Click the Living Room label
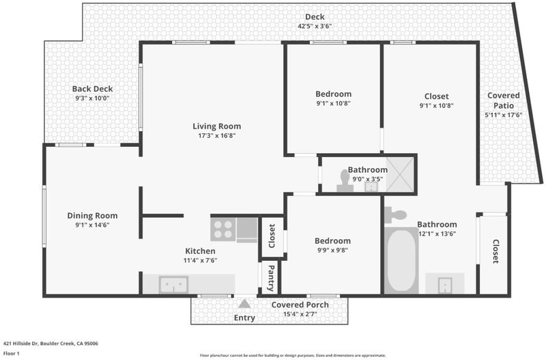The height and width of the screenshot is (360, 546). pos(216,126)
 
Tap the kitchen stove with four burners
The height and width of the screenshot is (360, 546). pos(223,230)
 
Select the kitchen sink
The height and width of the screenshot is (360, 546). pos(173,285)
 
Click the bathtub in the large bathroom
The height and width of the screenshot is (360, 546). pos(401,261)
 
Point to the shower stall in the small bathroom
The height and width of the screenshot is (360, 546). pos(400,174)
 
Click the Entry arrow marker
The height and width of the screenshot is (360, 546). pos(244,304)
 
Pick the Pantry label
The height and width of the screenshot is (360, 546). pos(271,278)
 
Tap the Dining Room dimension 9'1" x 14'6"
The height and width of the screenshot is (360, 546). pos(92,225)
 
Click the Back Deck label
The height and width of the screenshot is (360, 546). pos(92,89)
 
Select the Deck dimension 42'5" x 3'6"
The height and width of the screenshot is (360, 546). pos(315,26)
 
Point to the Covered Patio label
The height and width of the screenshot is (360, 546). pos(503,100)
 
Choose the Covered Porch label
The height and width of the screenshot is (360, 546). pos(300,305)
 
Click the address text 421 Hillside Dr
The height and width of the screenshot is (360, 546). pos(20,344)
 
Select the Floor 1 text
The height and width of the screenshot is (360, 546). pos(11,353)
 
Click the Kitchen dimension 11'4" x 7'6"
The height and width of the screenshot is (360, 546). pos(200,260)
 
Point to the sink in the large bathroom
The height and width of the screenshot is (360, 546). pos(445,285)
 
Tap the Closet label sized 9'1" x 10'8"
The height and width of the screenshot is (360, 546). pos(436,96)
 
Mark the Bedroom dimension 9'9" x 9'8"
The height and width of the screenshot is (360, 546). pos(332,250)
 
